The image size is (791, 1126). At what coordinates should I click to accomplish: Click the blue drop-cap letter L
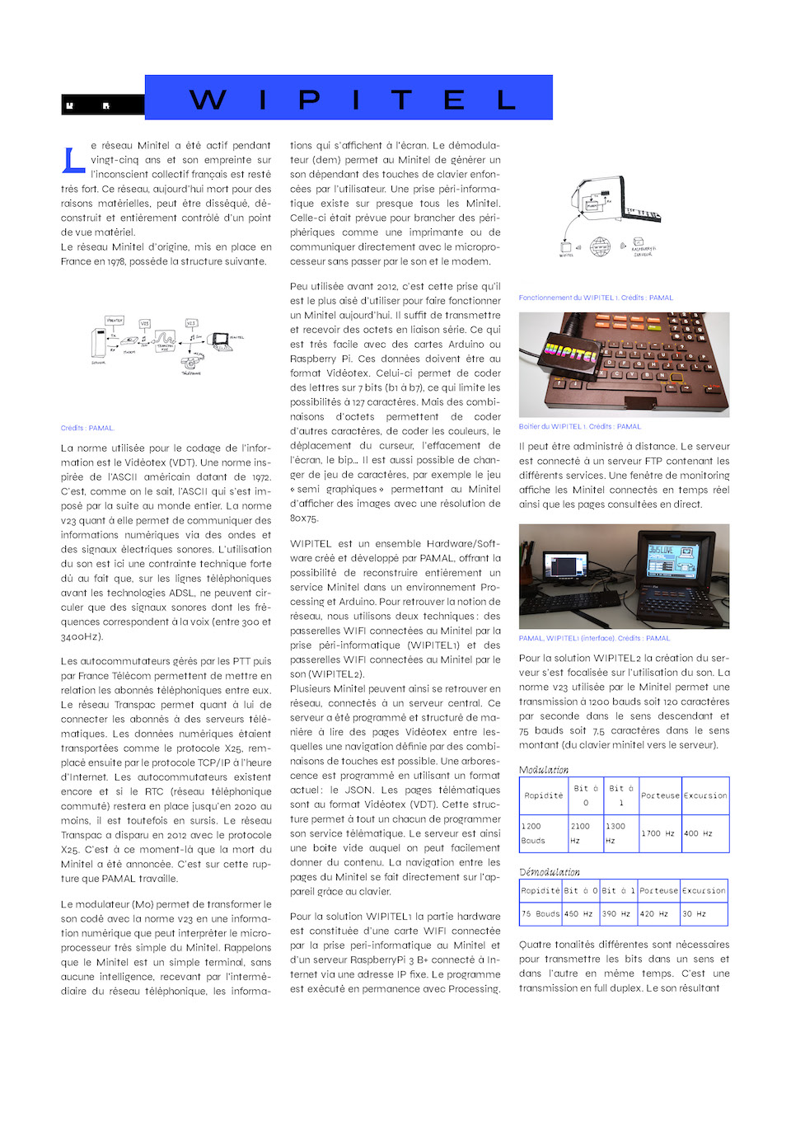73,160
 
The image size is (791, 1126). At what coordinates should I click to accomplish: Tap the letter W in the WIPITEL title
208,100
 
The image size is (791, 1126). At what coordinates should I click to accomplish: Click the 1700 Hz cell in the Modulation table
658,833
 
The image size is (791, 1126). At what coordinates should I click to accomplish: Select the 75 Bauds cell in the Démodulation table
540,913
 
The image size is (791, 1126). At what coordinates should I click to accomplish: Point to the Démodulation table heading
550,872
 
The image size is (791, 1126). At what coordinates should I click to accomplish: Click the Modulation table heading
544,770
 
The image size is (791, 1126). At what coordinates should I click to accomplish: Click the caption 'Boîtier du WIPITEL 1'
579,426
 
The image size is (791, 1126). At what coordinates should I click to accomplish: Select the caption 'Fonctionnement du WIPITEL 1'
596,298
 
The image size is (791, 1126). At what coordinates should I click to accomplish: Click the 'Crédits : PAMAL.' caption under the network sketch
87,428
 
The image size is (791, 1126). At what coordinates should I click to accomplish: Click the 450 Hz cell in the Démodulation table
578,913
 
